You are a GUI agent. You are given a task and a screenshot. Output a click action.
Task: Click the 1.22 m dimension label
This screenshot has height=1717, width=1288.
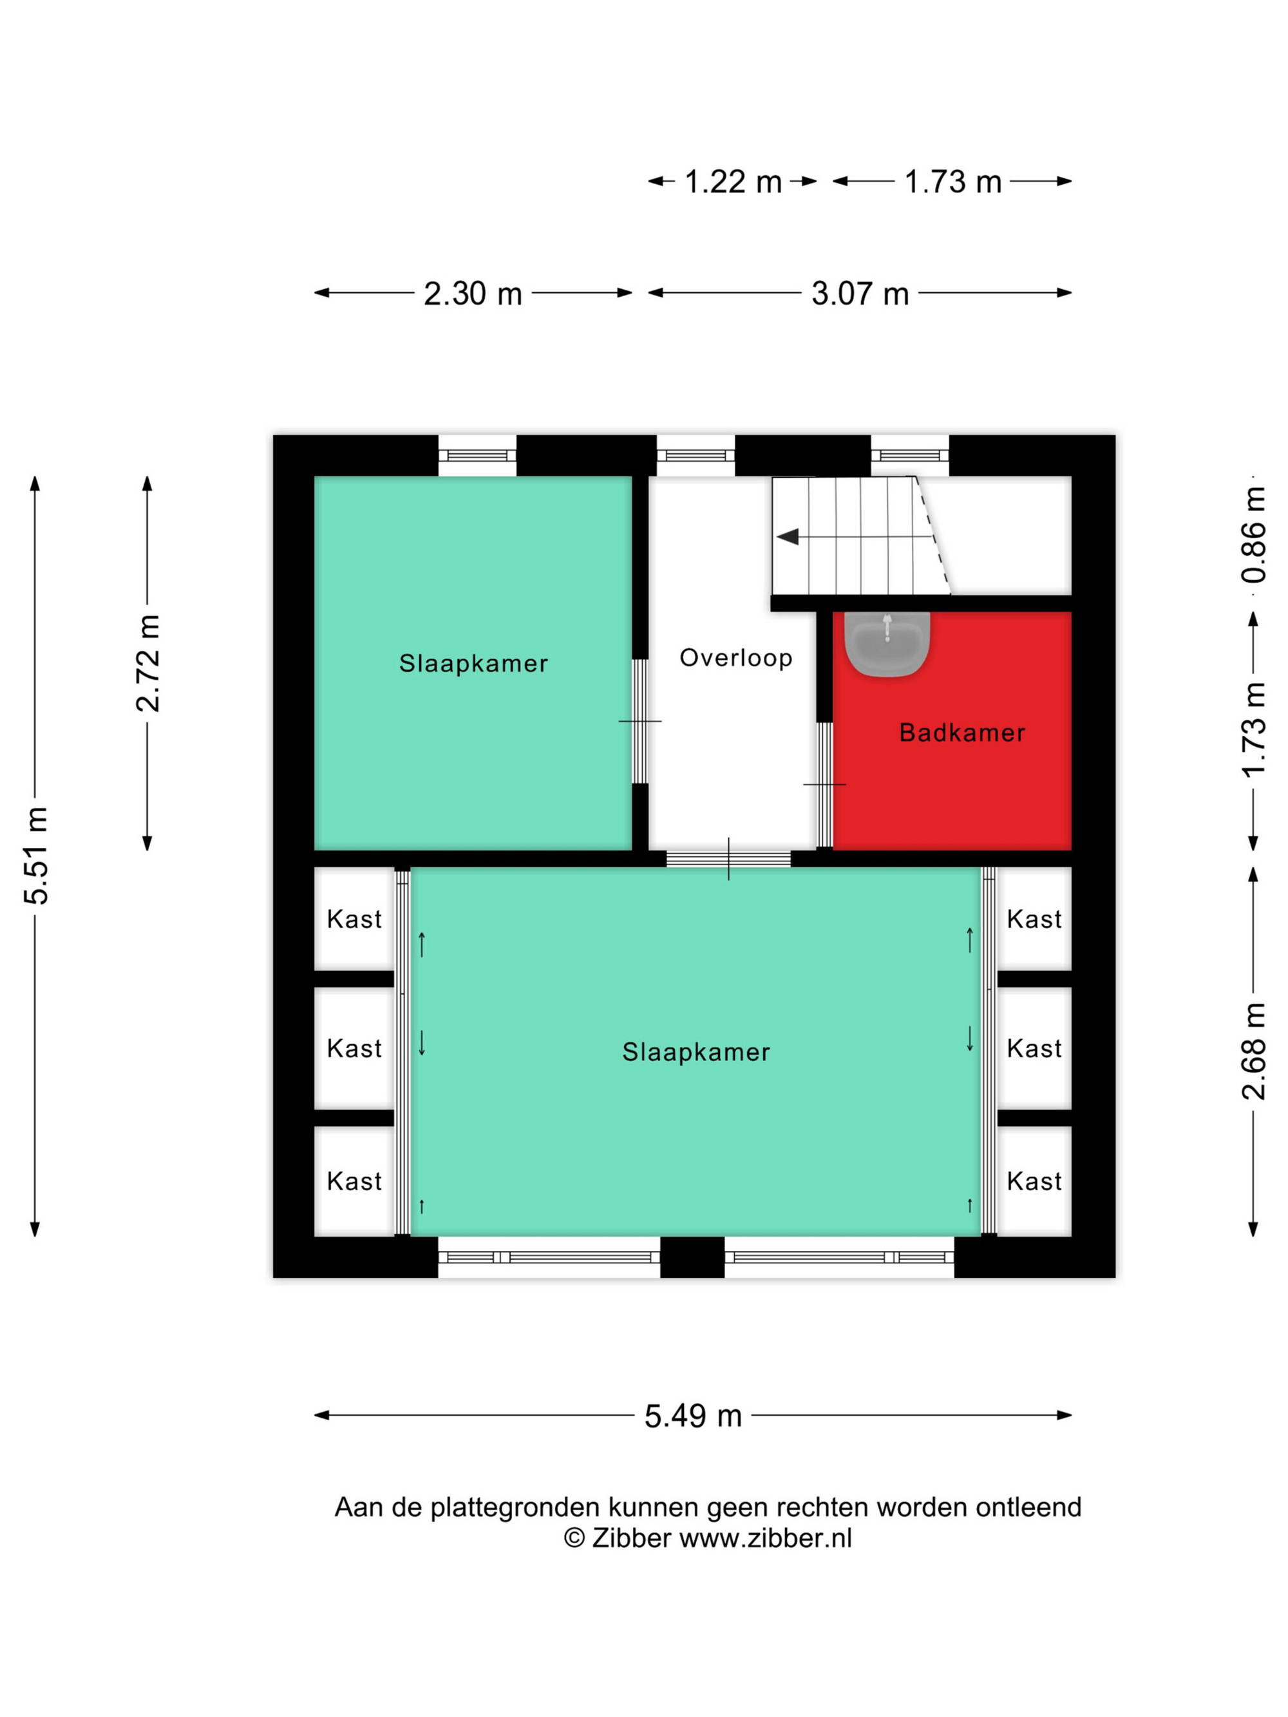[x=732, y=182]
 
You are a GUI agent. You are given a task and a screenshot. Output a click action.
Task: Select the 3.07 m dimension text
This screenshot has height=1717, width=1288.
[x=860, y=294]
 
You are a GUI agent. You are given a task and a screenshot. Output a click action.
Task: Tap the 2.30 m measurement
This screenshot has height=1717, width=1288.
[x=472, y=294]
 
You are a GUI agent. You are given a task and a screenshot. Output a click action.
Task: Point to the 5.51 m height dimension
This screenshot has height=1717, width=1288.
[x=37, y=856]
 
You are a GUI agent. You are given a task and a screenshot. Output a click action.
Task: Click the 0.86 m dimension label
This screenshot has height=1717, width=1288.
[x=1253, y=535]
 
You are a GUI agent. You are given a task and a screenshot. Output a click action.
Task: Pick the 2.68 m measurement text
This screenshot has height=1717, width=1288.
[x=1253, y=1051]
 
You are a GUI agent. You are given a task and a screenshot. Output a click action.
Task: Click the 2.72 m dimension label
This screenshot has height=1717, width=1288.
[x=147, y=663]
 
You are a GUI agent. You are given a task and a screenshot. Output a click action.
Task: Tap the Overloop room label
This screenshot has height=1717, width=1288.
[x=736, y=657]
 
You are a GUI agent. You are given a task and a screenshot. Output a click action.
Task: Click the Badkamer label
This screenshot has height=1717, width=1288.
[x=962, y=732]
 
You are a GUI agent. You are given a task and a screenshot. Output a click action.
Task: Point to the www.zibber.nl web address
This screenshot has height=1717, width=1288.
[x=766, y=1537]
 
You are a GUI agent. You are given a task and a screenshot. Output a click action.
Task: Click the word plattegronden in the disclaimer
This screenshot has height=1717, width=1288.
[x=515, y=1507]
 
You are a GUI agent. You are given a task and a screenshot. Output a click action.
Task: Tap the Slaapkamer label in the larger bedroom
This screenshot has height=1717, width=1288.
[x=696, y=1052]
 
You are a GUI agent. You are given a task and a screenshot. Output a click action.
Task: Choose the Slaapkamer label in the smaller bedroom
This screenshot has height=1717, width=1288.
[x=473, y=663]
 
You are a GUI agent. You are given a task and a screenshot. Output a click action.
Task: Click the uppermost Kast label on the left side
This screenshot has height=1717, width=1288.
[x=354, y=919]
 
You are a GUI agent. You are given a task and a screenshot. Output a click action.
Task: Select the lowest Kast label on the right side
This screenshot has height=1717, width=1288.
[x=1034, y=1181]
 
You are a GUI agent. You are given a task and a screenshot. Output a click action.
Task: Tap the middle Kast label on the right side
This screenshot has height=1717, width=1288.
[x=1034, y=1049]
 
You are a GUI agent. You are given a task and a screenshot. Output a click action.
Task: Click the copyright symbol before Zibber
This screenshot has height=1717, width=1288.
[x=574, y=1537]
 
